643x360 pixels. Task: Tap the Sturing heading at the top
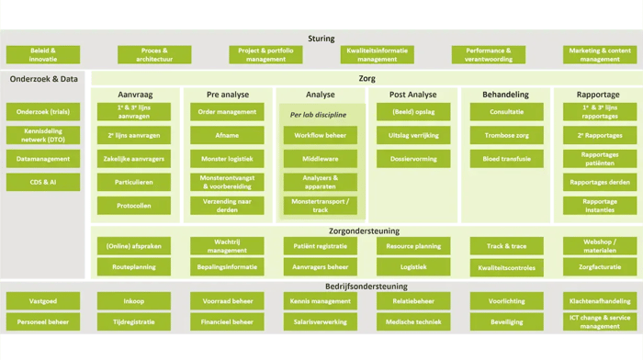coord(321,39)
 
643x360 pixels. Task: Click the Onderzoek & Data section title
coord(43,81)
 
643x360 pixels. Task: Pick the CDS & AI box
coord(43,182)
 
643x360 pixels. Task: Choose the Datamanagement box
coord(43,158)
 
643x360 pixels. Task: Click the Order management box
coord(225,111)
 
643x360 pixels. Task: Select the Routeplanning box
coord(136,266)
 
